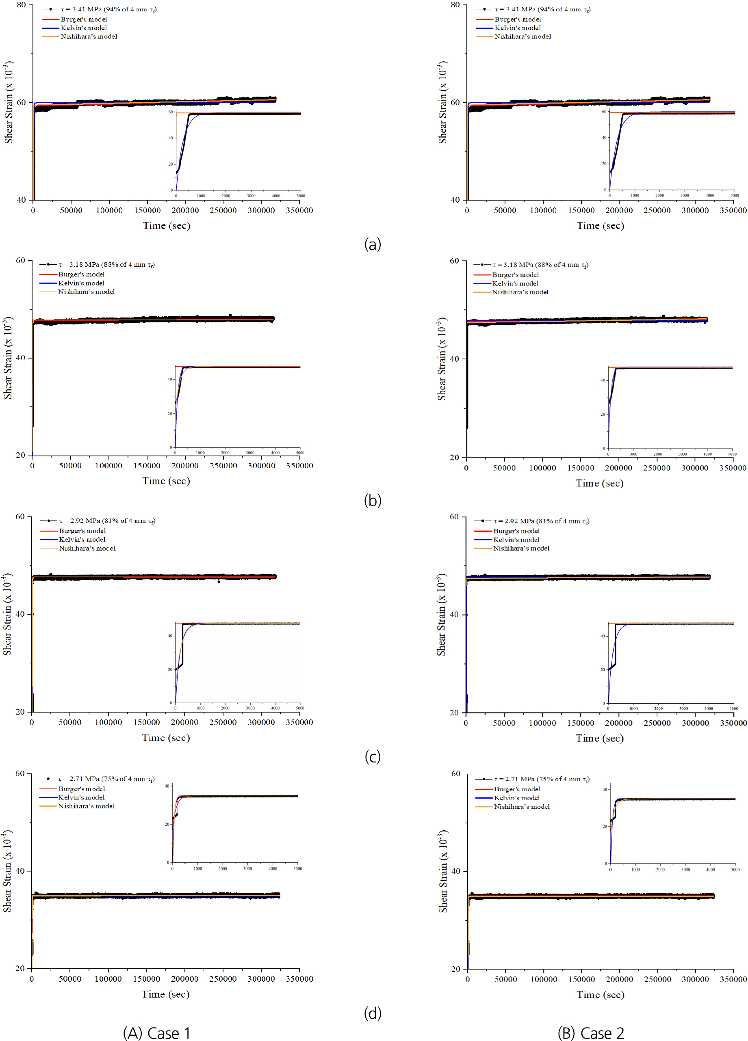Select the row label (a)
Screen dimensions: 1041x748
(373, 244)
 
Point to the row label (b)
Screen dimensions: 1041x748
(373, 500)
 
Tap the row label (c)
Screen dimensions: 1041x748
(373, 756)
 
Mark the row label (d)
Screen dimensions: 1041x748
(373, 1013)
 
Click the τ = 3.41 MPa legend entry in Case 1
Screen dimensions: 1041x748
(108, 9)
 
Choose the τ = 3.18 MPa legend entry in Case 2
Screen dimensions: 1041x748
(540, 265)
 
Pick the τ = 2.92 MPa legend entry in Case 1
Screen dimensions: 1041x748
(107, 520)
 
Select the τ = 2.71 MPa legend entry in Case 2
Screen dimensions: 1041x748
(542, 779)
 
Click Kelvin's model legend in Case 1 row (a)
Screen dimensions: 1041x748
(84, 28)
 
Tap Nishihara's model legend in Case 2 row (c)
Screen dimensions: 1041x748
(521, 548)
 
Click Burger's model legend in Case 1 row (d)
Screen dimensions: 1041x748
(81, 789)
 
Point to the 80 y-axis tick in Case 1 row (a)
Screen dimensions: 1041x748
(22, 4)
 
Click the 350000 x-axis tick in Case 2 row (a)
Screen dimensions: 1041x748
(733, 210)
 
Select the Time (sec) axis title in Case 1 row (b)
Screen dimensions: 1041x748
(166, 481)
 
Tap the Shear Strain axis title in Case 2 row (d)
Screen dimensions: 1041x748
(442, 871)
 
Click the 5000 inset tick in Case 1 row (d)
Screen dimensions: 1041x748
(298, 868)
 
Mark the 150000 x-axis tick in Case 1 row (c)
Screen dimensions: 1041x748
(147, 722)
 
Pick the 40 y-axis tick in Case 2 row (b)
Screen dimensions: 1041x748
(454, 359)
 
